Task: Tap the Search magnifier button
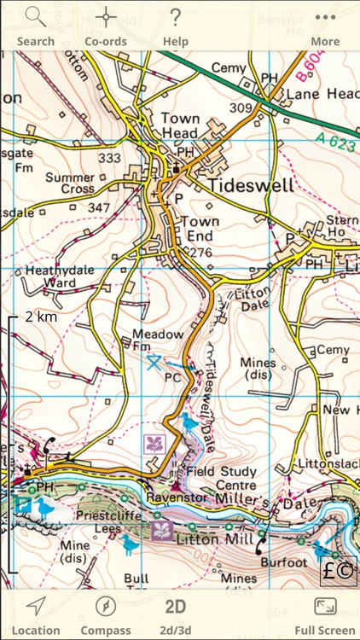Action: pyautogui.click(x=35, y=26)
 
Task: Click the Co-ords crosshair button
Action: pyautogui.click(x=106, y=26)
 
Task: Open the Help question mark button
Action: pyautogui.click(x=176, y=26)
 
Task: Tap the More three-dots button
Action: pyautogui.click(x=325, y=26)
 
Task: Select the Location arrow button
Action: pyautogui.click(x=36, y=614)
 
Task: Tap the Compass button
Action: pyautogui.click(x=106, y=614)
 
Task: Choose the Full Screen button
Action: pyautogui.click(x=325, y=614)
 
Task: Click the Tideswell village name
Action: pyautogui.click(x=250, y=185)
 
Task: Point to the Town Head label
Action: pyautogui.click(x=179, y=125)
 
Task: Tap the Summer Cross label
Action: pyautogui.click(x=71, y=182)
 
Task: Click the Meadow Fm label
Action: pyautogui.click(x=153, y=340)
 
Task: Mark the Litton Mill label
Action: pyautogui.click(x=211, y=539)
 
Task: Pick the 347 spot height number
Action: pyautogui.click(x=99, y=208)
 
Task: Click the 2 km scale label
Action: pyautogui.click(x=40, y=316)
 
